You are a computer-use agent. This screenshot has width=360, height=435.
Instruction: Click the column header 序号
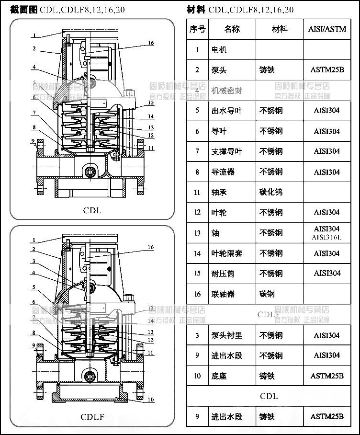pos(197,29)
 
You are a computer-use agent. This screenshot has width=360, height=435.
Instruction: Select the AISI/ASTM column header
pos(330,29)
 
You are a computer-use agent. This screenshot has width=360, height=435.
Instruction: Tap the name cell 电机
pos(219,49)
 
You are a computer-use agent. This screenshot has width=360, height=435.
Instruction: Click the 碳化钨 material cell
pos(271,192)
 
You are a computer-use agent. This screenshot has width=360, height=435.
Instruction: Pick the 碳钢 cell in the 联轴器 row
pos(267,294)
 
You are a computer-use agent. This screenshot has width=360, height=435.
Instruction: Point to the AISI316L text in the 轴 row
pos(327,237)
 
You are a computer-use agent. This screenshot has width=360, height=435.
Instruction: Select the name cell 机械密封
pos(227,90)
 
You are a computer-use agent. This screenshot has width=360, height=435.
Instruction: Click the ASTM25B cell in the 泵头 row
pos(327,70)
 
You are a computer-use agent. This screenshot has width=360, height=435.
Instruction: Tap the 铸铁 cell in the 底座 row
pos(267,376)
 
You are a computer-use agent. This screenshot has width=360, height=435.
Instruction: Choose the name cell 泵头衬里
pos(227,335)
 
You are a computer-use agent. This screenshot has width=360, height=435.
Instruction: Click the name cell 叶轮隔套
pos(227,253)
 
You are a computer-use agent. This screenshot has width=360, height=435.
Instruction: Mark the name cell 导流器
pos(223,172)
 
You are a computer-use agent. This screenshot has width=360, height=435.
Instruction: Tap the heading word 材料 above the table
pos(196,9)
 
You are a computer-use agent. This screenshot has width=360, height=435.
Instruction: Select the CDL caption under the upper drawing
pos(92,210)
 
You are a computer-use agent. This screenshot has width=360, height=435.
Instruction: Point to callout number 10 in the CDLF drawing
pos(151,399)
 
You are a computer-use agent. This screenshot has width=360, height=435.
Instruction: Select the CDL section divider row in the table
pos(269,396)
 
